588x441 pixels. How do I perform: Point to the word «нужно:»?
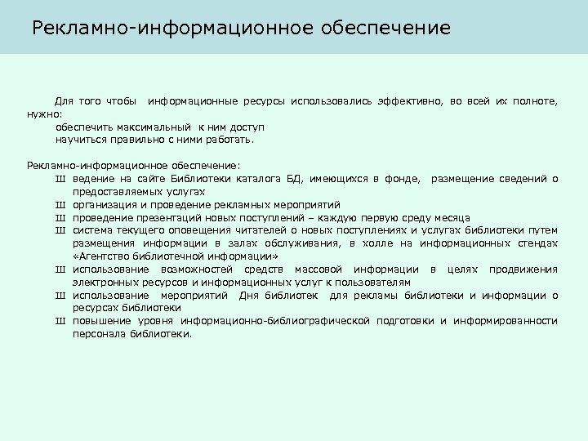(x=43, y=114)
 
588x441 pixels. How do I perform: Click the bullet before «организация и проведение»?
(x=60, y=204)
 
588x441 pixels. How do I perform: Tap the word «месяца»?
(x=451, y=217)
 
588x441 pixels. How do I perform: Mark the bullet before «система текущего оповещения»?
(x=60, y=230)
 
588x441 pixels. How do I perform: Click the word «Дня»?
(x=248, y=296)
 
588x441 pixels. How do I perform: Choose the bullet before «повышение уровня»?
(x=60, y=321)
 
